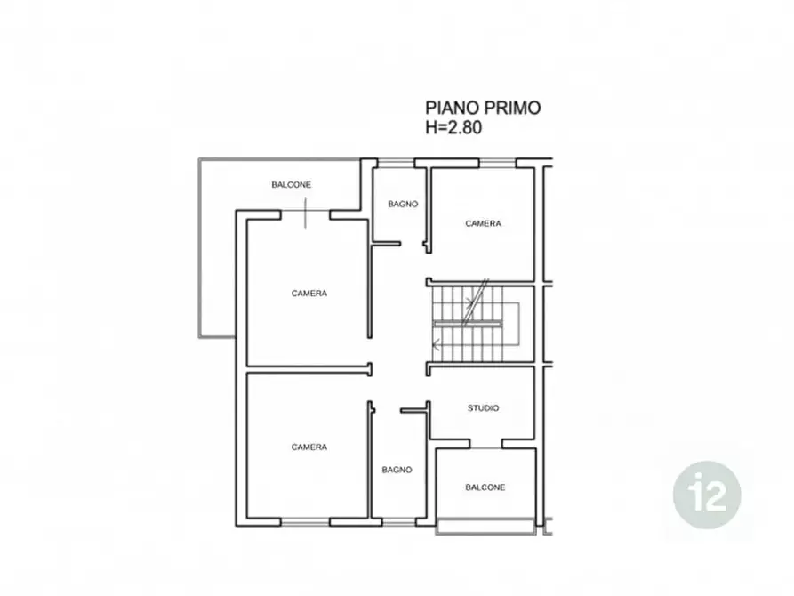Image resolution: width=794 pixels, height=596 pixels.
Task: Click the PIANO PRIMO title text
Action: [483, 108]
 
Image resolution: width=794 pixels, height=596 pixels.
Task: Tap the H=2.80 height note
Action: [453, 127]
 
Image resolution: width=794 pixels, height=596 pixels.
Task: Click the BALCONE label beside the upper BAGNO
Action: [291, 184]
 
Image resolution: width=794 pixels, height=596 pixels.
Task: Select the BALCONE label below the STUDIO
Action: [485, 487]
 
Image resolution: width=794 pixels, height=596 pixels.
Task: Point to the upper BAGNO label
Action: [403, 204]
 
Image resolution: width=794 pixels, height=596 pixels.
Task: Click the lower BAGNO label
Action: [397, 470]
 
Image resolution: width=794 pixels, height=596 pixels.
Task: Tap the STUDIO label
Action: [483, 408]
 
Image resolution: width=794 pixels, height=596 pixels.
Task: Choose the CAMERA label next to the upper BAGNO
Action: [483, 223]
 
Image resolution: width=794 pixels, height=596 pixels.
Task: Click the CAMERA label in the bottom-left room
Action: [309, 447]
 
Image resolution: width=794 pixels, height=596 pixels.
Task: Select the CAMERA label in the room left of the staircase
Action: [309, 293]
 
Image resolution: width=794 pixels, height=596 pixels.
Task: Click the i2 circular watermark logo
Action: [707, 495]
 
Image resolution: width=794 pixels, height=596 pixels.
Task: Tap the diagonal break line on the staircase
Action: [475, 302]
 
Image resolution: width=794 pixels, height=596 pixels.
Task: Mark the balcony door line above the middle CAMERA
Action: [305, 213]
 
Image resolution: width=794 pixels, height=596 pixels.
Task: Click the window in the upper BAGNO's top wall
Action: [396, 163]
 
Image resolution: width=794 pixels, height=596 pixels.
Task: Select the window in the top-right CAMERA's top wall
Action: [497, 163]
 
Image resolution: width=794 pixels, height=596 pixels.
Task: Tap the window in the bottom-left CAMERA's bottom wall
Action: [305, 522]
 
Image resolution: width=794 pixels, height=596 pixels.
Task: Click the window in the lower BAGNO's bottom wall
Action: [398, 522]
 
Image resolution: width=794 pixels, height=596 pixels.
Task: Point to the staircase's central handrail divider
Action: [468, 323]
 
